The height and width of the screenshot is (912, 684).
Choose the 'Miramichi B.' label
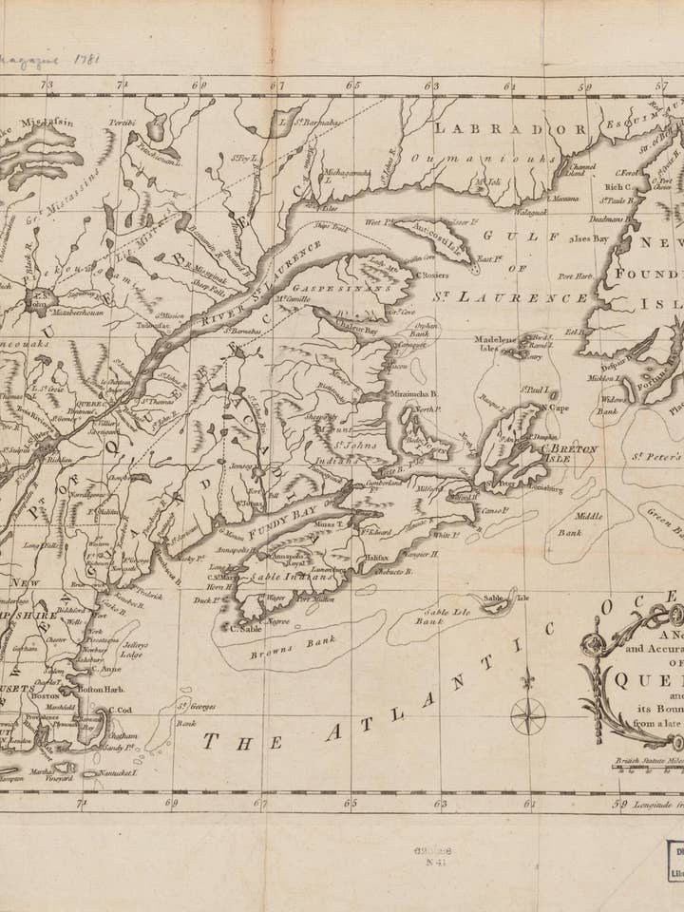coord(413,392)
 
